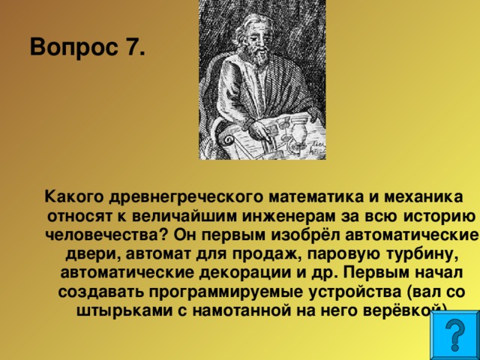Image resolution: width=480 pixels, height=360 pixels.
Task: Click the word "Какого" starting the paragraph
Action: [x=72, y=197]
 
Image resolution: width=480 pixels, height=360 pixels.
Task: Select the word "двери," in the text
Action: [x=86, y=253]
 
